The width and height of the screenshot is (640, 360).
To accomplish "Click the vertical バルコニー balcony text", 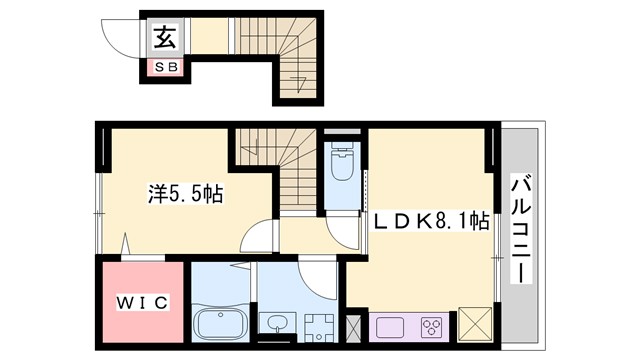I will [x=521, y=228].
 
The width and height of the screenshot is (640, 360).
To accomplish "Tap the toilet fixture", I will [x=343, y=160].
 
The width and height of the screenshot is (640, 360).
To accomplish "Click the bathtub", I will [x=221, y=323].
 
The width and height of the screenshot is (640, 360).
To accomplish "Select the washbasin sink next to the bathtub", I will [x=275, y=323].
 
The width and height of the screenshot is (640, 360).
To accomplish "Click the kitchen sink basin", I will [x=389, y=326].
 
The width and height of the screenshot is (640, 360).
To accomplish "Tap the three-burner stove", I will [x=432, y=326].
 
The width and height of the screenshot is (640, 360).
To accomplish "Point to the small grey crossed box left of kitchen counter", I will [x=353, y=326].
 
